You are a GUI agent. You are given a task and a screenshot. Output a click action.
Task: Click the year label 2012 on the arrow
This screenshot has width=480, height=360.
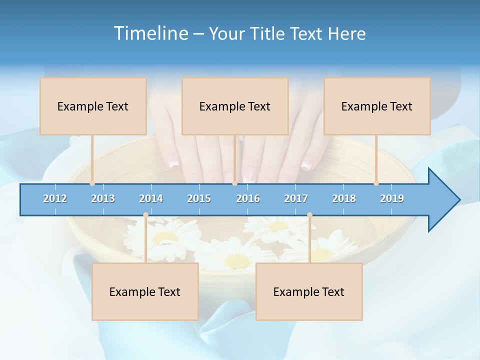(x=55, y=198)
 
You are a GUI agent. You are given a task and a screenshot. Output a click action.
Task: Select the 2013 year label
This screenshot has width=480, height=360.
(x=103, y=198)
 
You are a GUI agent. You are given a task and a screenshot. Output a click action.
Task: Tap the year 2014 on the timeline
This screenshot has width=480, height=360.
(x=151, y=198)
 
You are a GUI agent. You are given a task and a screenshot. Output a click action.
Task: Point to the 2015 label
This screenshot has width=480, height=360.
(x=199, y=198)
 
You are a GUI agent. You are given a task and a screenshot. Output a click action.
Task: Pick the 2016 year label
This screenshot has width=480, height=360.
(x=248, y=198)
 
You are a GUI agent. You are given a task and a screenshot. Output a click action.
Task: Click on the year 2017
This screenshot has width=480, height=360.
(x=296, y=198)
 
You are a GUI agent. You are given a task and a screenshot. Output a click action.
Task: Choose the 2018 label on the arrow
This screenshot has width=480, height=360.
(x=344, y=198)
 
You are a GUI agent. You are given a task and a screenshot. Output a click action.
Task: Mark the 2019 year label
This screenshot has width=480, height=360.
(x=392, y=198)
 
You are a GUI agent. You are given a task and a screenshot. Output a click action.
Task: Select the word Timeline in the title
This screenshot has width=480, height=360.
(x=150, y=33)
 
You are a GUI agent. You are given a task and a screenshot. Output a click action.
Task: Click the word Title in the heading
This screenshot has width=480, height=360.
(x=268, y=33)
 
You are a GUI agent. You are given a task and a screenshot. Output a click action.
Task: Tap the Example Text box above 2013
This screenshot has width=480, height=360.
(x=93, y=106)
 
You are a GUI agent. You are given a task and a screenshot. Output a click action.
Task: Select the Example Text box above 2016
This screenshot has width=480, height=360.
(x=235, y=106)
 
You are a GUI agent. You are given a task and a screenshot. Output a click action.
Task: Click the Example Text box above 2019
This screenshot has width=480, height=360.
(x=377, y=106)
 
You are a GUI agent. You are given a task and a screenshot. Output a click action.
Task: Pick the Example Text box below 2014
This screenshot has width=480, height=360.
(x=145, y=291)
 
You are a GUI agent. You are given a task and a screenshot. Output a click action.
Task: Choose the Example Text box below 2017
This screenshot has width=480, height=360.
(x=309, y=291)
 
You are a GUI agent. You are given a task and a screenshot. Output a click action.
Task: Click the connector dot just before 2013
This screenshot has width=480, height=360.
(x=92, y=183)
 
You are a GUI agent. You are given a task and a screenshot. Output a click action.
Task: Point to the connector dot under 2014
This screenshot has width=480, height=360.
(x=145, y=215)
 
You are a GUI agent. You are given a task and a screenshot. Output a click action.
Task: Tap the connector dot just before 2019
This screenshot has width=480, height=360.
(x=376, y=183)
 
